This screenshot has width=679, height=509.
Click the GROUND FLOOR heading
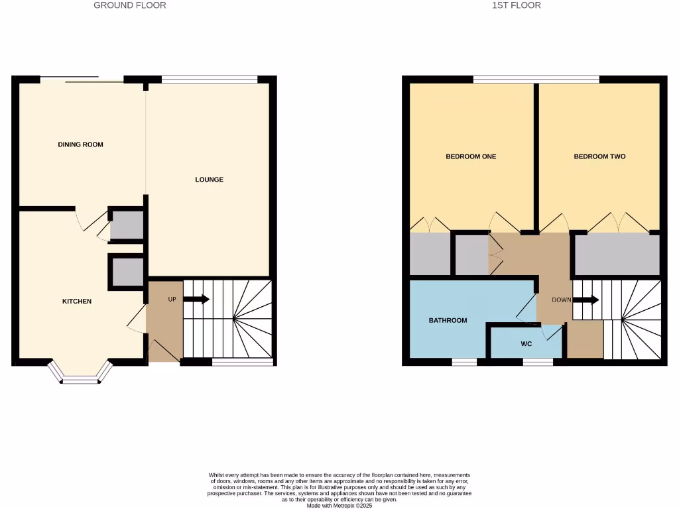click(130, 5)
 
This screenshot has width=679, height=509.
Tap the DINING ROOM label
click(81, 144)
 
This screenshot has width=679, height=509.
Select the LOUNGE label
click(209, 180)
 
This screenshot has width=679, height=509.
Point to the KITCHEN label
click(77, 302)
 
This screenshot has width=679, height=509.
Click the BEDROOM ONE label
click(471, 157)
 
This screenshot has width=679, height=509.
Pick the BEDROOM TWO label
click(599, 157)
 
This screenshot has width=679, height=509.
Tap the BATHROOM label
click(448, 321)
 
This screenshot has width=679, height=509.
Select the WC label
click(526, 344)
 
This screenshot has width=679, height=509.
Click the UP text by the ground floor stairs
click(172, 300)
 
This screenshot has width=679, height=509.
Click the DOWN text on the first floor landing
click(561, 300)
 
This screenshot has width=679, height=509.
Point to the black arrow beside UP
click(196, 300)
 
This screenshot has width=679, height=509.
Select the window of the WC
click(538, 362)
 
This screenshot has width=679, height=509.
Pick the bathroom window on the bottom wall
click(464, 362)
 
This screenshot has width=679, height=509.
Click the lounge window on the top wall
click(210, 80)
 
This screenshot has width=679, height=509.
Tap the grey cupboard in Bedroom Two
click(617, 254)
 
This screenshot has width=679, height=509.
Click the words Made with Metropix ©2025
click(339, 505)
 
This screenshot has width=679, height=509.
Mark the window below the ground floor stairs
click(242, 362)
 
